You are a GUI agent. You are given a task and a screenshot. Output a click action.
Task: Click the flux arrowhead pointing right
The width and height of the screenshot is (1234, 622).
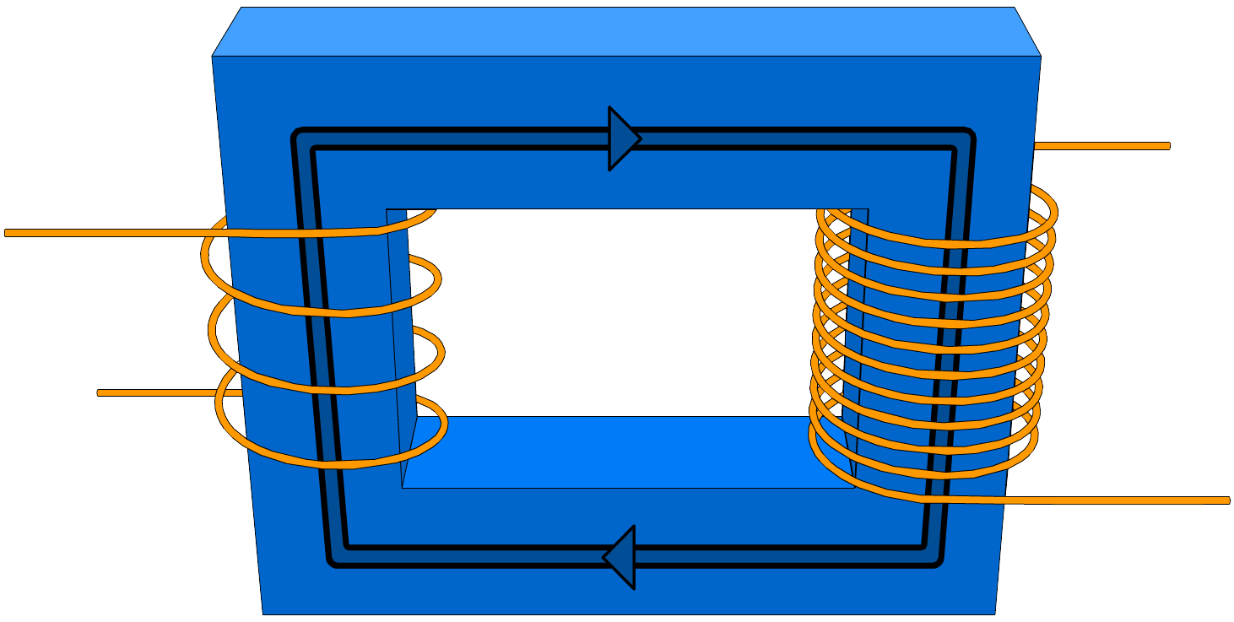(x=623, y=138)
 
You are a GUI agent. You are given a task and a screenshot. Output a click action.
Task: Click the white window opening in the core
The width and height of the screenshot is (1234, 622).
(x=625, y=312)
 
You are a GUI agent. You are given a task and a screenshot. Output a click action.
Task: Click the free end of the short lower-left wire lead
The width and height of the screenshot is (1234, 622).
(x=100, y=392)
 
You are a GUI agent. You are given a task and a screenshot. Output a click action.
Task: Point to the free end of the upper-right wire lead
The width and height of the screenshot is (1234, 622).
(x=1167, y=146)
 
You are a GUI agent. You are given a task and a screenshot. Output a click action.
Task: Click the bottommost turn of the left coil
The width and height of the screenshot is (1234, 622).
(x=338, y=463)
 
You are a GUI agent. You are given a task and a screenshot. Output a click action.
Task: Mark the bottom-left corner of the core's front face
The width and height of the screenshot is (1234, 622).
(x=262, y=614)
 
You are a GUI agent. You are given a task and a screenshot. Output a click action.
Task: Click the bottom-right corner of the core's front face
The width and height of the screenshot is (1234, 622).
(x=996, y=614)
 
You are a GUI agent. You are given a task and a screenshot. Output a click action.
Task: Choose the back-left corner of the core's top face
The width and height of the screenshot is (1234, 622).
(x=241, y=8)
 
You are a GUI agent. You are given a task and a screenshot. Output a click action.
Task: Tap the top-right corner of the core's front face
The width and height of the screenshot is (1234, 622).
(x=1041, y=57)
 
